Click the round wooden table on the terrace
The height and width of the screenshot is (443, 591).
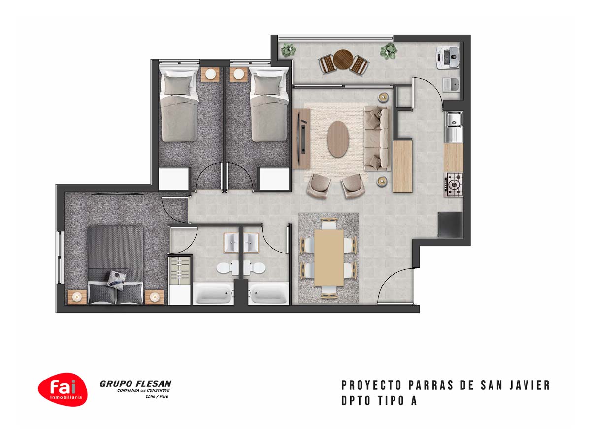(x=343, y=59)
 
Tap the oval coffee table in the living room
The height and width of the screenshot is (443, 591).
(x=338, y=139)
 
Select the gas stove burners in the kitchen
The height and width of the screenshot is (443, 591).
(x=454, y=185)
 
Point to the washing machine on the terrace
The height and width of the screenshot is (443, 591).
(x=448, y=58)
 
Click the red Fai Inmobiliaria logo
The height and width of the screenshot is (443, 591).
(x=63, y=389)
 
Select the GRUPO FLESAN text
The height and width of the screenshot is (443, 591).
(x=135, y=383)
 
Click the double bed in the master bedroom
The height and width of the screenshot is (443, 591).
(x=116, y=265)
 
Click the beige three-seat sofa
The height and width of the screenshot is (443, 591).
(x=376, y=138)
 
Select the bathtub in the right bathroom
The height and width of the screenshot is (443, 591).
(x=268, y=293)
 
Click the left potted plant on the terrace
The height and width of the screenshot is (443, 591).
(x=289, y=50)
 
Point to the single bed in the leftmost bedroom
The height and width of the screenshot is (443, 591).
(x=178, y=105)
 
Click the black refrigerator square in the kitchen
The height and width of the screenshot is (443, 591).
(x=450, y=224)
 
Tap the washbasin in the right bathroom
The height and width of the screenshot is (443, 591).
(x=251, y=243)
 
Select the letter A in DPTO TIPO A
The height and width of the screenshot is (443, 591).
(x=414, y=401)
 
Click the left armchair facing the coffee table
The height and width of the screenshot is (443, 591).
(x=319, y=186)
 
